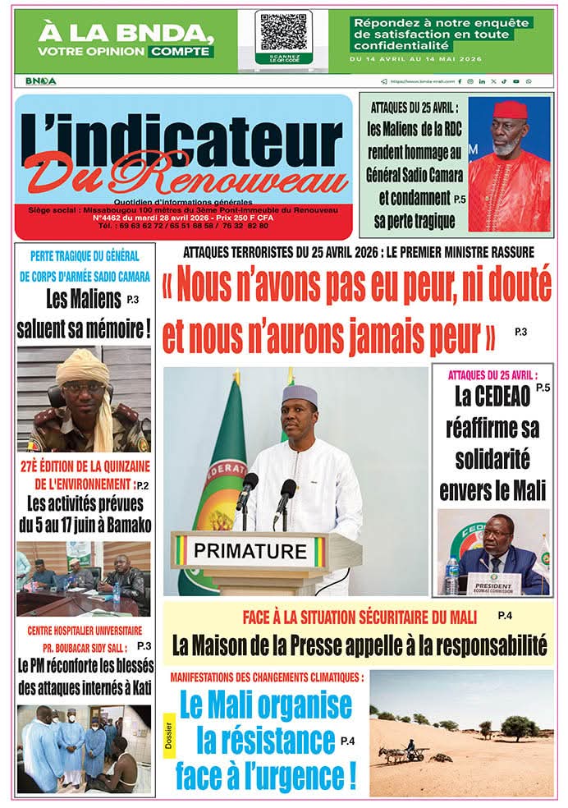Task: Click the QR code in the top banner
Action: click(x=283, y=33)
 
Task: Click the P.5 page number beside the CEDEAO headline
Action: click(x=543, y=386)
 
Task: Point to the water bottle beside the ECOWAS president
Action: click(x=451, y=575)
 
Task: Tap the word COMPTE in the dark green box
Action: click(x=181, y=51)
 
